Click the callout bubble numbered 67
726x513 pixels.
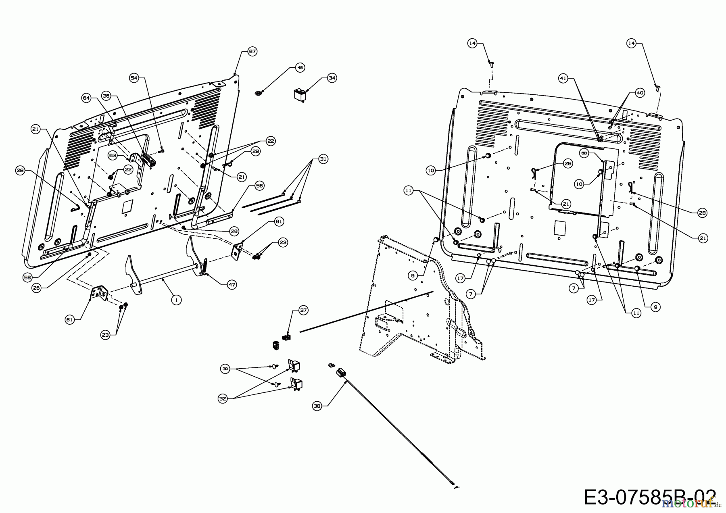[252, 52]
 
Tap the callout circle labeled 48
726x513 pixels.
[300, 68]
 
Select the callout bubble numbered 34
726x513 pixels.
[332, 78]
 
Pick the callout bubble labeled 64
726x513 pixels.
[86, 98]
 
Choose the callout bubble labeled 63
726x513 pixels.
[113, 154]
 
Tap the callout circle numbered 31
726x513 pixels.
[323, 159]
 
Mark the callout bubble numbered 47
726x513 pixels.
[232, 284]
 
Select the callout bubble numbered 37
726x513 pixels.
[303, 310]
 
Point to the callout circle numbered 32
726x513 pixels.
[223, 398]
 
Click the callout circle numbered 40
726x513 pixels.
[640, 93]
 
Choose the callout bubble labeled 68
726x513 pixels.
[584, 153]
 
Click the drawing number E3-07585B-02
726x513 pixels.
[650, 497]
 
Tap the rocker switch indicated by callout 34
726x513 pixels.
[300, 96]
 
